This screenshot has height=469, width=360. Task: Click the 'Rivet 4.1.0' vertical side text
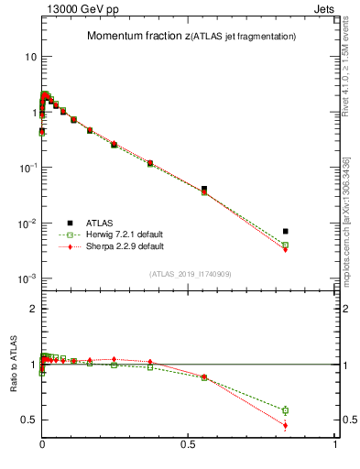pos(344,73)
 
